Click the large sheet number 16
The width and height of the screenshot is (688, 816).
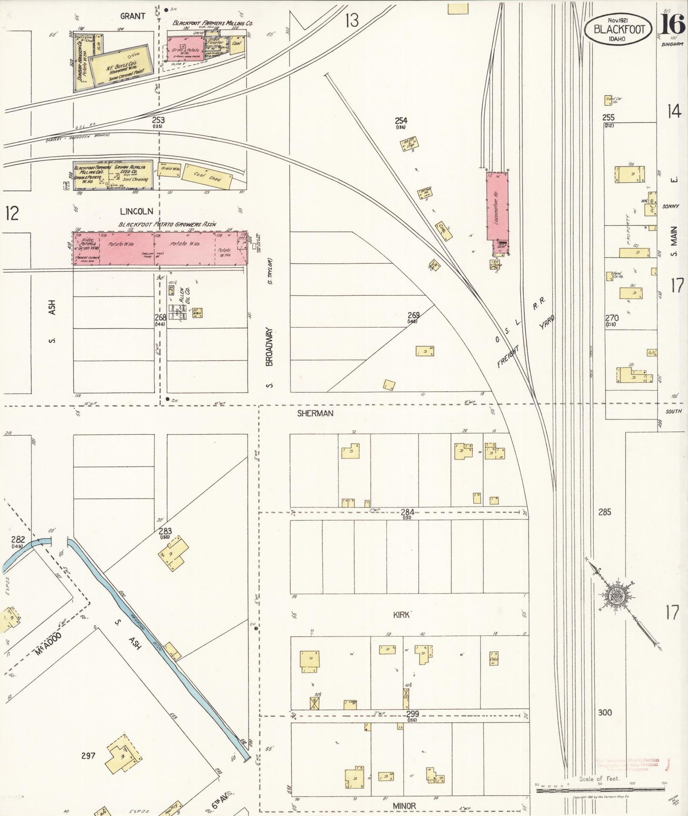[672, 22]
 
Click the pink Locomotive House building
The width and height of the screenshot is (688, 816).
[497, 206]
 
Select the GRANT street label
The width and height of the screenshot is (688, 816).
[132, 16]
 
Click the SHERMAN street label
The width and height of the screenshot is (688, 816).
[315, 414]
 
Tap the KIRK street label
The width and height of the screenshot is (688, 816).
[401, 615]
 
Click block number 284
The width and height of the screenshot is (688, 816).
[407, 512]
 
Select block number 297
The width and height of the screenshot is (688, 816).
[89, 755]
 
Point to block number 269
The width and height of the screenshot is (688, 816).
[413, 315]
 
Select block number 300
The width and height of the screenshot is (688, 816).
[605, 713]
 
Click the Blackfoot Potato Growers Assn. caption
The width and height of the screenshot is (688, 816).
[168, 224]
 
